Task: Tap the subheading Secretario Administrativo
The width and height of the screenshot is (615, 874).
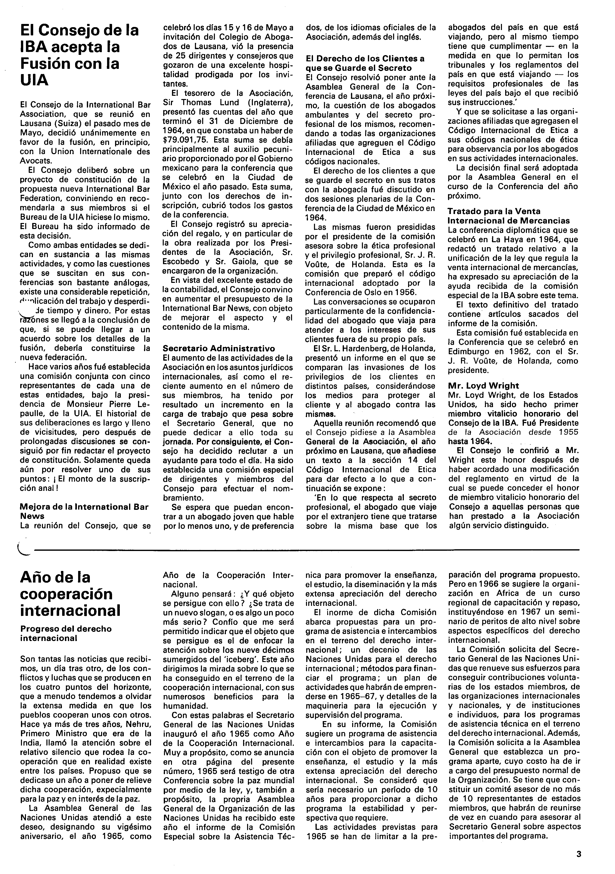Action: tap(219, 348)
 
